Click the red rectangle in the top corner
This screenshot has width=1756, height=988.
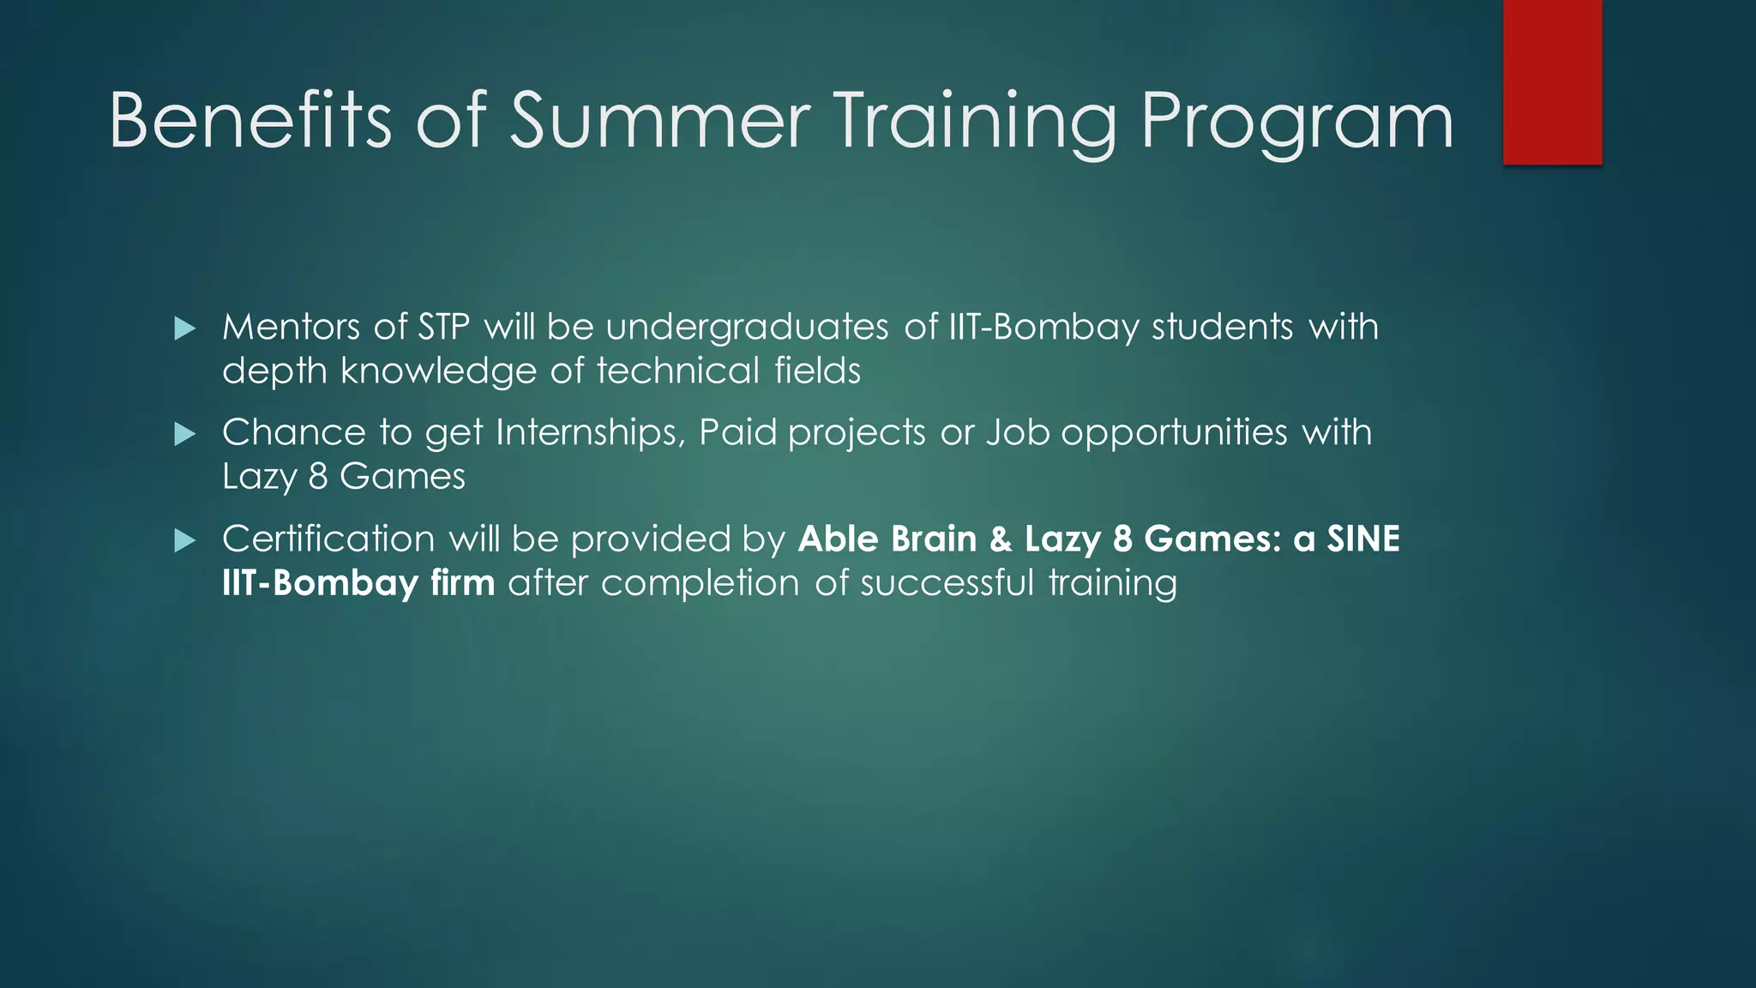point(1552,81)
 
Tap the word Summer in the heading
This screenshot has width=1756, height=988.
point(659,121)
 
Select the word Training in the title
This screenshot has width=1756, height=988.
point(974,121)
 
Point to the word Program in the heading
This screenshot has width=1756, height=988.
point(1296,121)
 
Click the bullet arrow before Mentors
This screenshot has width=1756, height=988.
point(184,328)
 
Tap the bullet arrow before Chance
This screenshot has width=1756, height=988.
point(184,434)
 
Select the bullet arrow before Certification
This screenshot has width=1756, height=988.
point(184,540)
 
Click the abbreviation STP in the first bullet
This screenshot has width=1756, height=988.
point(443,328)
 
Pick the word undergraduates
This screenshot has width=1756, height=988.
point(747,328)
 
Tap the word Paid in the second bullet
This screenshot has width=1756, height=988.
point(737,433)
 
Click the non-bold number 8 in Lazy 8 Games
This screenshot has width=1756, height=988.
point(318,477)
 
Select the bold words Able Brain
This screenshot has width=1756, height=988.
point(887,539)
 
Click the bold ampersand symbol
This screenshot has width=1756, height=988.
point(1001,539)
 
